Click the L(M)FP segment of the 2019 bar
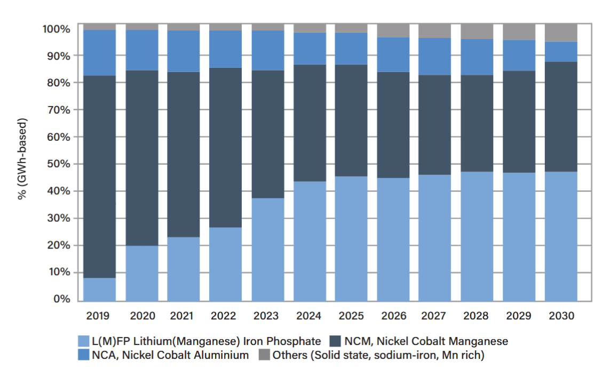click(x=99, y=289)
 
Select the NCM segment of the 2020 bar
click(x=141, y=158)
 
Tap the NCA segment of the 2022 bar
click(x=226, y=49)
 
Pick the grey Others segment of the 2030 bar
click(x=561, y=33)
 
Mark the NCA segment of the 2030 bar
click(x=561, y=52)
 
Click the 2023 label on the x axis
click(x=266, y=316)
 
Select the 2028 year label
click(x=476, y=316)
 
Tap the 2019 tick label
click(x=98, y=316)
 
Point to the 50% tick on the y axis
click(x=56, y=164)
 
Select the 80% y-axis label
click(x=56, y=83)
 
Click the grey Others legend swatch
click(x=264, y=355)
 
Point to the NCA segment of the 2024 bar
click(x=310, y=49)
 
